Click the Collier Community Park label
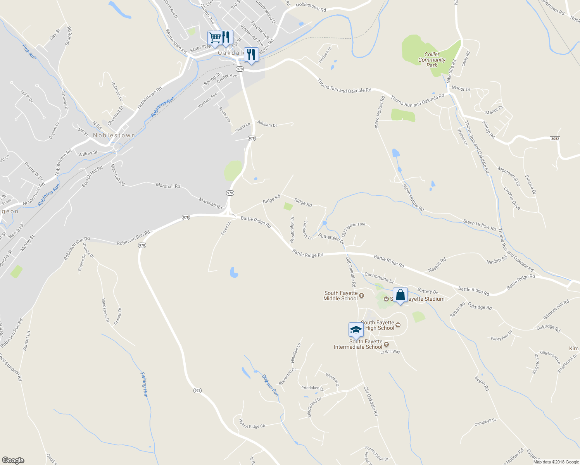pos(432,60)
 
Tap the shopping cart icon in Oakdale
pos(214,38)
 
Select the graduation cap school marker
pos(356,330)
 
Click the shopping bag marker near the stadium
pos(400,295)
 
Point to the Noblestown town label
pos(114,135)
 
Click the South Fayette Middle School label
pos(341,296)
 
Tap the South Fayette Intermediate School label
pos(358,344)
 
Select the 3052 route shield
pos(555,138)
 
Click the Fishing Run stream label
pos(144,384)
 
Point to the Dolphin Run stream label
pos(270,385)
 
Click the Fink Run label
pos(29,52)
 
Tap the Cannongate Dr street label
pos(379,277)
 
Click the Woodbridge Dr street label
pos(292,230)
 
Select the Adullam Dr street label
pos(267,124)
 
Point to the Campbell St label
pos(485,422)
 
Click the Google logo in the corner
pos(13,460)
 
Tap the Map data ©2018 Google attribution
pos(556,462)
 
